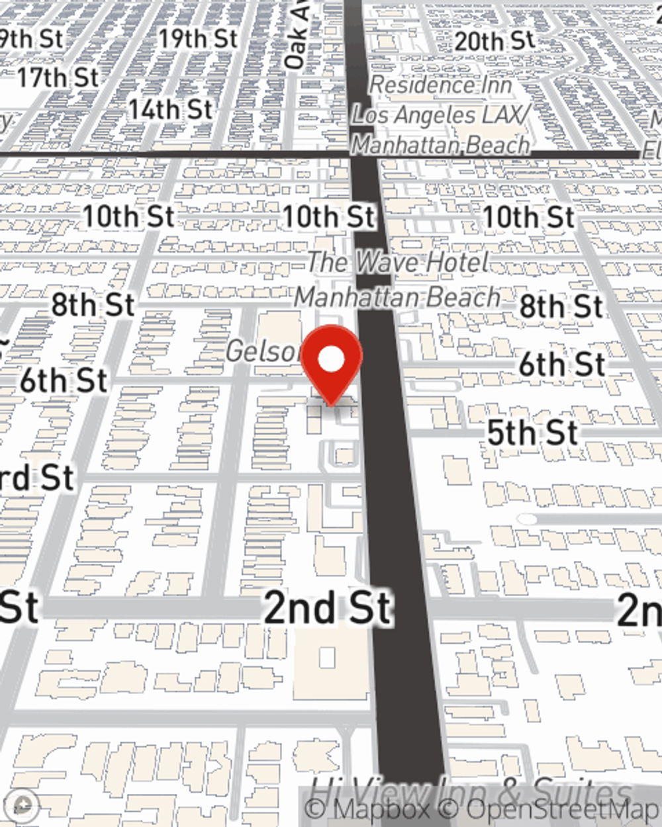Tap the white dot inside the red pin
point(332,360)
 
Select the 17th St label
point(58,77)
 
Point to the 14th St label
point(171,110)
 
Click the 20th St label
point(495,41)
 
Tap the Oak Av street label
point(296,36)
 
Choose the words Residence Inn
point(440,85)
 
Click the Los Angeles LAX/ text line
point(441,115)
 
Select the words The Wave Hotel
point(398,262)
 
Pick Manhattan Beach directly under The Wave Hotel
point(397,297)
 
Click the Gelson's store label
point(263,351)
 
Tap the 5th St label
point(533,433)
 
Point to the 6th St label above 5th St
point(561,365)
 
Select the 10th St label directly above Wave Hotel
point(329,216)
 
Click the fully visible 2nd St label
point(328,608)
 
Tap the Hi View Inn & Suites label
point(470,791)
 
